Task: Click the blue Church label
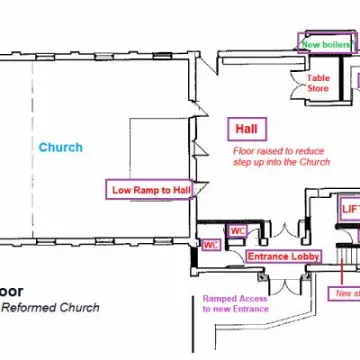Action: (x=60, y=148)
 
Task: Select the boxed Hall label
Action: (x=246, y=129)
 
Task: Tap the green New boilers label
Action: (x=326, y=45)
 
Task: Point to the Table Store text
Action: (x=318, y=83)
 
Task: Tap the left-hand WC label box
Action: (x=211, y=244)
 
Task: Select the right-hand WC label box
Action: (x=238, y=230)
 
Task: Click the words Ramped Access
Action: (x=233, y=298)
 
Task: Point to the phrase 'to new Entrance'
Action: (x=234, y=309)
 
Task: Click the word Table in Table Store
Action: (x=318, y=77)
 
